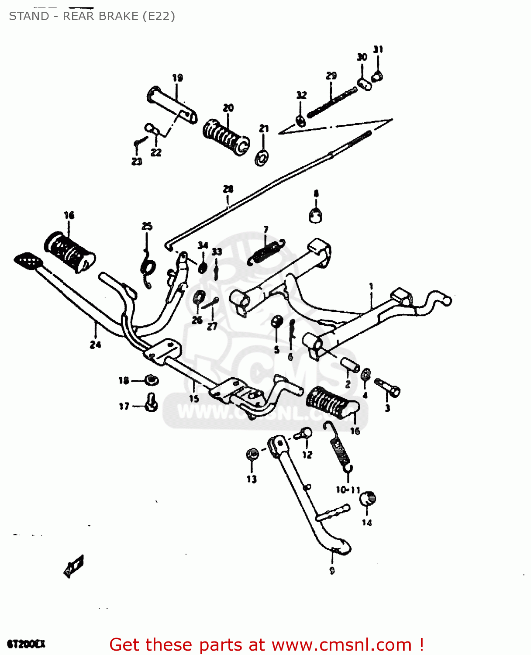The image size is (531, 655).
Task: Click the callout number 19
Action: pyautogui.click(x=177, y=78)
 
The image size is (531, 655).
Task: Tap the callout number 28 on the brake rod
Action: pyautogui.click(x=228, y=189)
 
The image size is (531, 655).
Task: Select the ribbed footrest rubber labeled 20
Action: pyautogui.click(x=226, y=136)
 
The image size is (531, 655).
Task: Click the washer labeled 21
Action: pyautogui.click(x=262, y=158)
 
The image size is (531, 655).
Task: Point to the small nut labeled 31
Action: pyautogui.click(x=377, y=76)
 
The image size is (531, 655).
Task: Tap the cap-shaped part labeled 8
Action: pyautogui.click(x=316, y=215)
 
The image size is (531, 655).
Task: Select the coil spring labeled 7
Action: pyautogui.click(x=266, y=252)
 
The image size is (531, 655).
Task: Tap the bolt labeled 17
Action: pyautogui.click(x=152, y=402)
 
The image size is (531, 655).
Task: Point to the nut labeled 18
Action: pyautogui.click(x=151, y=380)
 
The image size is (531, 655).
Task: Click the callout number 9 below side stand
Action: pyautogui.click(x=332, y=570)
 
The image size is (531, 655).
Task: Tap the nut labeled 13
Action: pyautogui.click(x=252, y=455)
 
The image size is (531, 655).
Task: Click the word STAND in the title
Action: pyautogui.click(x=29, y=16)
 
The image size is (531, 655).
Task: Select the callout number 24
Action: pyautogui.click(x=95, y=345)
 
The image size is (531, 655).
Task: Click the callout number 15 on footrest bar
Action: pyautogui.click(x=194, y=398)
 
